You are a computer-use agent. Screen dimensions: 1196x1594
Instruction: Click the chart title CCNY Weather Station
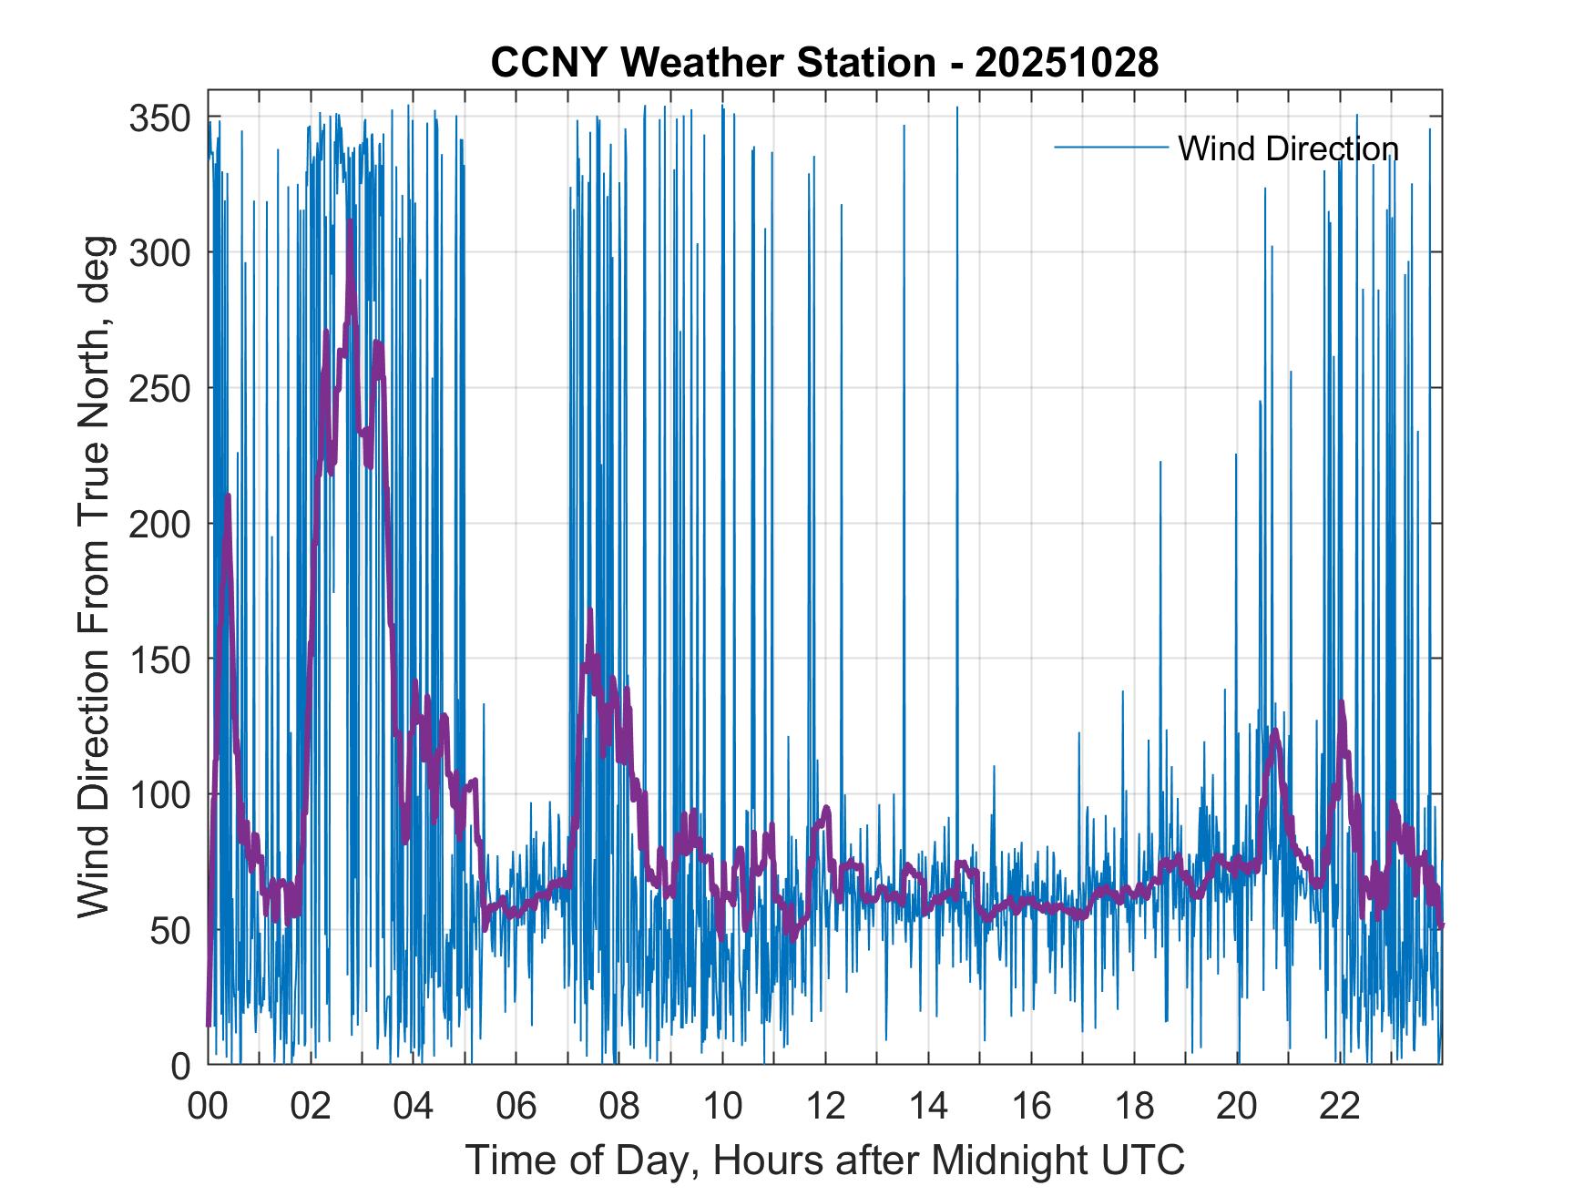(x=712, y=63)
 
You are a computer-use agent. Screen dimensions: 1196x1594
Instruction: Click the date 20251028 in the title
(x=1067, y=63)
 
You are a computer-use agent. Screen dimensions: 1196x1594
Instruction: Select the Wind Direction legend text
(x=1288, y=148)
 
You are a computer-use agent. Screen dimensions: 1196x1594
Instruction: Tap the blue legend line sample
(x=1110, y=148)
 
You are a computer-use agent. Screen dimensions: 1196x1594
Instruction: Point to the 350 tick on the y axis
(x=159, y=118)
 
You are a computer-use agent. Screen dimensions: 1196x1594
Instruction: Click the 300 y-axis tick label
(x=159, y=252)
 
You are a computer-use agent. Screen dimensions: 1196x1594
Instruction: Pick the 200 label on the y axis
(x=159, y=524)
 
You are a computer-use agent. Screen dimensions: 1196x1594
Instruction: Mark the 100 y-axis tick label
(x=159, y=795)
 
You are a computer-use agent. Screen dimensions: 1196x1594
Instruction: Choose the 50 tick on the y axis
(x=169, y=930)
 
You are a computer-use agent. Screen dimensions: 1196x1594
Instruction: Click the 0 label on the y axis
(x=180, y=1065)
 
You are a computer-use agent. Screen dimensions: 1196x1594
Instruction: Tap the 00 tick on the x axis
(x=208, y=1107)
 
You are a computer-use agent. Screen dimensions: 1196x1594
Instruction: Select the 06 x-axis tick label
(x=516, y=1107)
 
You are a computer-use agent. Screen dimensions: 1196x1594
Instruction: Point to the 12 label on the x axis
(x=825, y=1107)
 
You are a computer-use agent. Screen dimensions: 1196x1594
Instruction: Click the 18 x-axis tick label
(x=1134, y=1107)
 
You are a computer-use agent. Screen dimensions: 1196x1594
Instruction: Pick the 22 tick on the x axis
(x=1340, y=1107)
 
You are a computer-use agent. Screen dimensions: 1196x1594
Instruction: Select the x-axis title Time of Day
(x=825, y=1160)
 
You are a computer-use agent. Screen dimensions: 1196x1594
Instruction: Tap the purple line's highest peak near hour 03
(x=351, y=221)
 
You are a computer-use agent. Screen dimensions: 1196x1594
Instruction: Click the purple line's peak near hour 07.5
(x=590, y=609)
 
